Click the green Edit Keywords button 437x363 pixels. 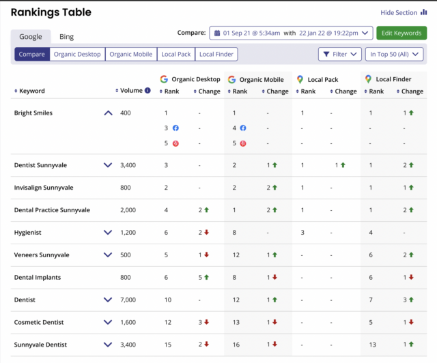click(401, 33)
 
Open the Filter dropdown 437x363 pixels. click(339, 54)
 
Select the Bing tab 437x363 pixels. click(66, 37)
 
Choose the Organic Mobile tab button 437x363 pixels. click(131, 54)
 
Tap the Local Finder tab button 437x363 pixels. click(216, 54)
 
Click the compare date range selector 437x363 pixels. click(291, 33)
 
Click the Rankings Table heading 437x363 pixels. click(51, 12)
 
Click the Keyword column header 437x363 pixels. click(32, 91)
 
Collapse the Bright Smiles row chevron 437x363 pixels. click(108, 113)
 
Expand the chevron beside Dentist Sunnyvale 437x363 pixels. click(108, 165)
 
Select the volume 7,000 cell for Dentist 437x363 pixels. click(128, 300)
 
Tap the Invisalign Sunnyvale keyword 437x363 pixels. click(44, 187)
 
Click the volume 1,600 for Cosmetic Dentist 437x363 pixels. click(128, 322)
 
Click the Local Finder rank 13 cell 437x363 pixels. click(373, 345)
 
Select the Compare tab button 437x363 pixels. click(32, 54)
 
